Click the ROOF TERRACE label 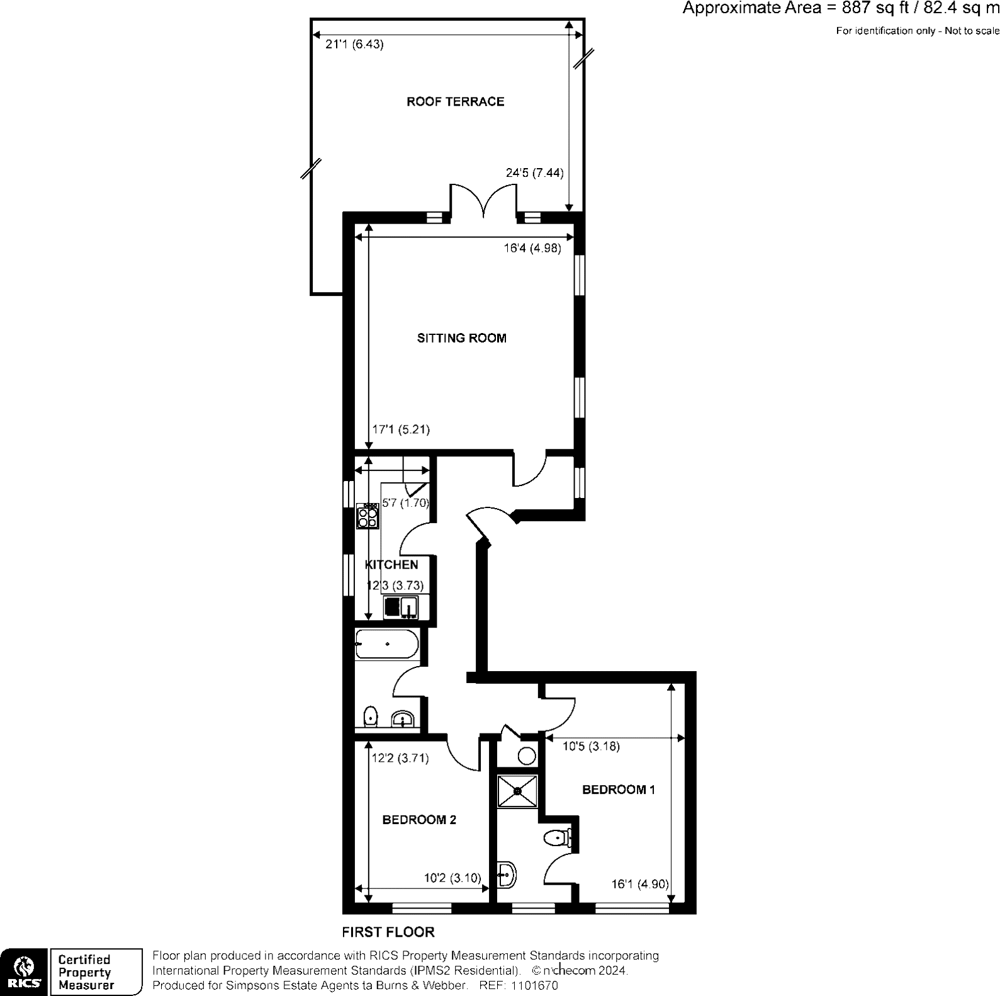coord(455,101)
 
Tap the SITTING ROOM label coord(461,338)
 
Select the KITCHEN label coord(391,565)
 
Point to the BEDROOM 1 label coord(619,789)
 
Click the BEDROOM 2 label coord(419,820)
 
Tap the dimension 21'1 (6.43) coord(354,45)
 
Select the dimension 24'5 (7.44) coord(534,173)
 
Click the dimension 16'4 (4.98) coord(532,248)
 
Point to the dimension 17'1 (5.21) coord(401,429)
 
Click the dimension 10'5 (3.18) coord(591,747)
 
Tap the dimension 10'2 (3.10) coord(452,878)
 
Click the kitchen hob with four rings coord(368,516)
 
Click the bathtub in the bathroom coord(386,644)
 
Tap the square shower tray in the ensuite coord(517,791)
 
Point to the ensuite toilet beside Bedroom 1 coord(557,838)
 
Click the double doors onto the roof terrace coord(483,200)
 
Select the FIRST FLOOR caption coord(388,932)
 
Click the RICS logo coord(24,971)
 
